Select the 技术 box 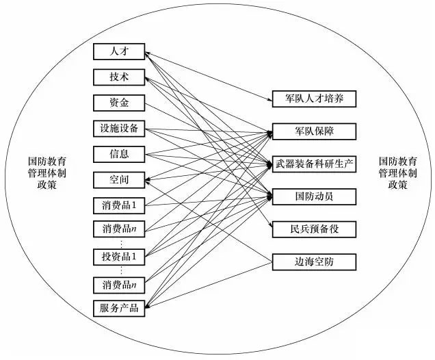119,77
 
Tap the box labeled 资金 119,103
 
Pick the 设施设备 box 119,128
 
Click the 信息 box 119,153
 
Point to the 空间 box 119,179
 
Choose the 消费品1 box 119,205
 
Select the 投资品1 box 119,257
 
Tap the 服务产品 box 119,307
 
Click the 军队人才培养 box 314,99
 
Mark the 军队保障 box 314,131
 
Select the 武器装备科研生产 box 314,164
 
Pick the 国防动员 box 314,196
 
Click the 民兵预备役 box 314,229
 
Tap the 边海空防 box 314,261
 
